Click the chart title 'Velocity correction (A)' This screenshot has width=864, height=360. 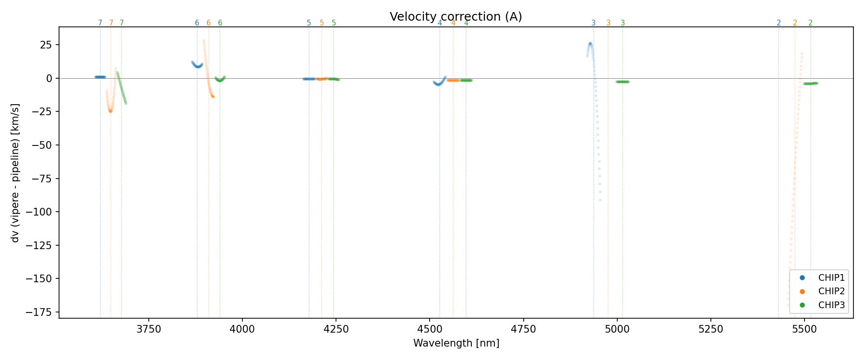pyautogui.click(x=456, y=17)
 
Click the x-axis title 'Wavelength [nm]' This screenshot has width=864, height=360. pyautogui.click(x=456, y=343)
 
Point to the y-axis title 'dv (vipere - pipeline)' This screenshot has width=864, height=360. pyautogui.click(x=15, y=172)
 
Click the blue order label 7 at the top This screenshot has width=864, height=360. pyautogui.click(x=100, y=23)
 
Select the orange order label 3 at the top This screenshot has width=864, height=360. pyautogui.click(x=608, y=23)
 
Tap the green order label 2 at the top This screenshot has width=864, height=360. pyautogui.click(x=810, y=23)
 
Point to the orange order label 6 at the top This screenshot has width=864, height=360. pyautogui.click(x=208, y=23)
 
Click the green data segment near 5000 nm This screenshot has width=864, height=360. pyautogui.click(x=623, y=82)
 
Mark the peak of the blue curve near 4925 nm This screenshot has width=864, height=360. pyautogui.click(x=590, y=44)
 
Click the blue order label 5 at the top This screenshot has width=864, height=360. pyautogui.click(x=309, y=23)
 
